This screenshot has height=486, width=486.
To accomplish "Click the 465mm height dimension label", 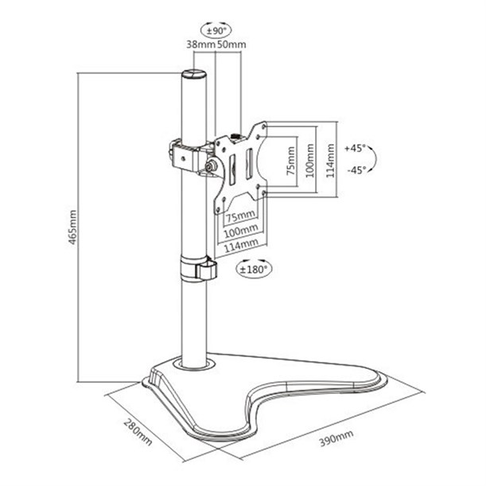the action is (x=72, y=227).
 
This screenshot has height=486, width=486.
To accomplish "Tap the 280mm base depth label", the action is (x=138, y=432).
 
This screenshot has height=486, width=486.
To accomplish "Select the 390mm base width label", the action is (x=336, y=438).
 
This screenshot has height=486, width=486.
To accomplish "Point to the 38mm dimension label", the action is (x=200, y=45).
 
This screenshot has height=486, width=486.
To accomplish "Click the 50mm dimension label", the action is (x=231, y=45).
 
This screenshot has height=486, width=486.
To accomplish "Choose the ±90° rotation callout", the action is (x=216, y=30).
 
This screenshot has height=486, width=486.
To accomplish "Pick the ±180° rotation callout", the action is (x=254, y=268).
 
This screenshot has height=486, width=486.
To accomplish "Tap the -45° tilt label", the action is (x=356, y=169).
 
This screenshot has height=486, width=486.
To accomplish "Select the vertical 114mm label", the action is (x=330, y=161).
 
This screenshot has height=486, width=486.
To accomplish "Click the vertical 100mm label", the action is (x=310, y=161).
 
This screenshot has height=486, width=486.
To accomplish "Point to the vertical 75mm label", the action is (x=291, y=161).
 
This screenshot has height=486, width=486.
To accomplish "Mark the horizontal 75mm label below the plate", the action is (x=241, y=216).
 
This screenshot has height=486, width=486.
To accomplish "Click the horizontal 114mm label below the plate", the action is (x=241, y=245).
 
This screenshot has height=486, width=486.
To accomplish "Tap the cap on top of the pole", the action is (x=194, y=75).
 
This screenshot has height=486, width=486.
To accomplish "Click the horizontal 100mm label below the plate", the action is (x=241, y=231).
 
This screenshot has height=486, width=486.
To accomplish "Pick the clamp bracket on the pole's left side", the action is (x=184, y=156).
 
